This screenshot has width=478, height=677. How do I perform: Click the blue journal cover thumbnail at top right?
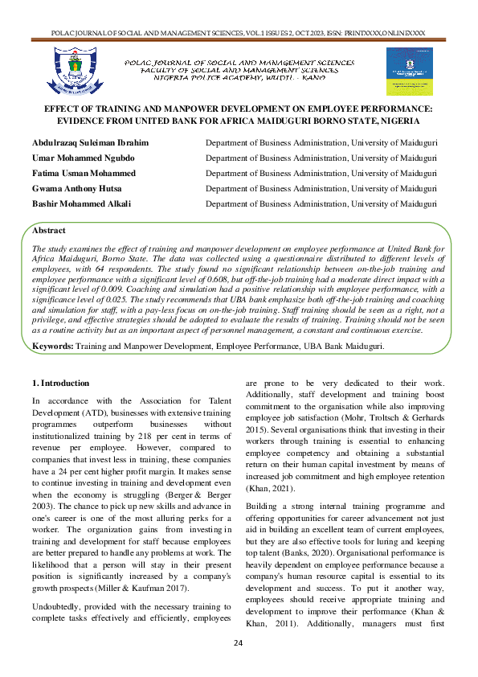[x=409, y=71]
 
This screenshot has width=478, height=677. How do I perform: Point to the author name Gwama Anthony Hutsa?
[x=83, y=189]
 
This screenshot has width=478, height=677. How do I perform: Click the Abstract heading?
[x=49, y=231]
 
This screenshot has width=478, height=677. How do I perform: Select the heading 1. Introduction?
[x=61, y=383]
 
